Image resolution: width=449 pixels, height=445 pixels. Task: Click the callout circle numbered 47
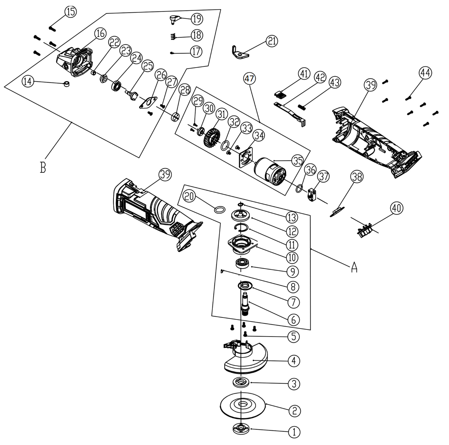(x=249, y=78)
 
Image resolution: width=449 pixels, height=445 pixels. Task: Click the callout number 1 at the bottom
(x=294, y=432)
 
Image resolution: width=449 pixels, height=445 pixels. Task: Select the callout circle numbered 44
(x=425, y=73)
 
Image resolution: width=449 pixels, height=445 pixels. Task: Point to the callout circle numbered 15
(x=70, y=12)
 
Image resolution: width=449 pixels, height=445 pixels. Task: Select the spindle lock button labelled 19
(x=174, y=18)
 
